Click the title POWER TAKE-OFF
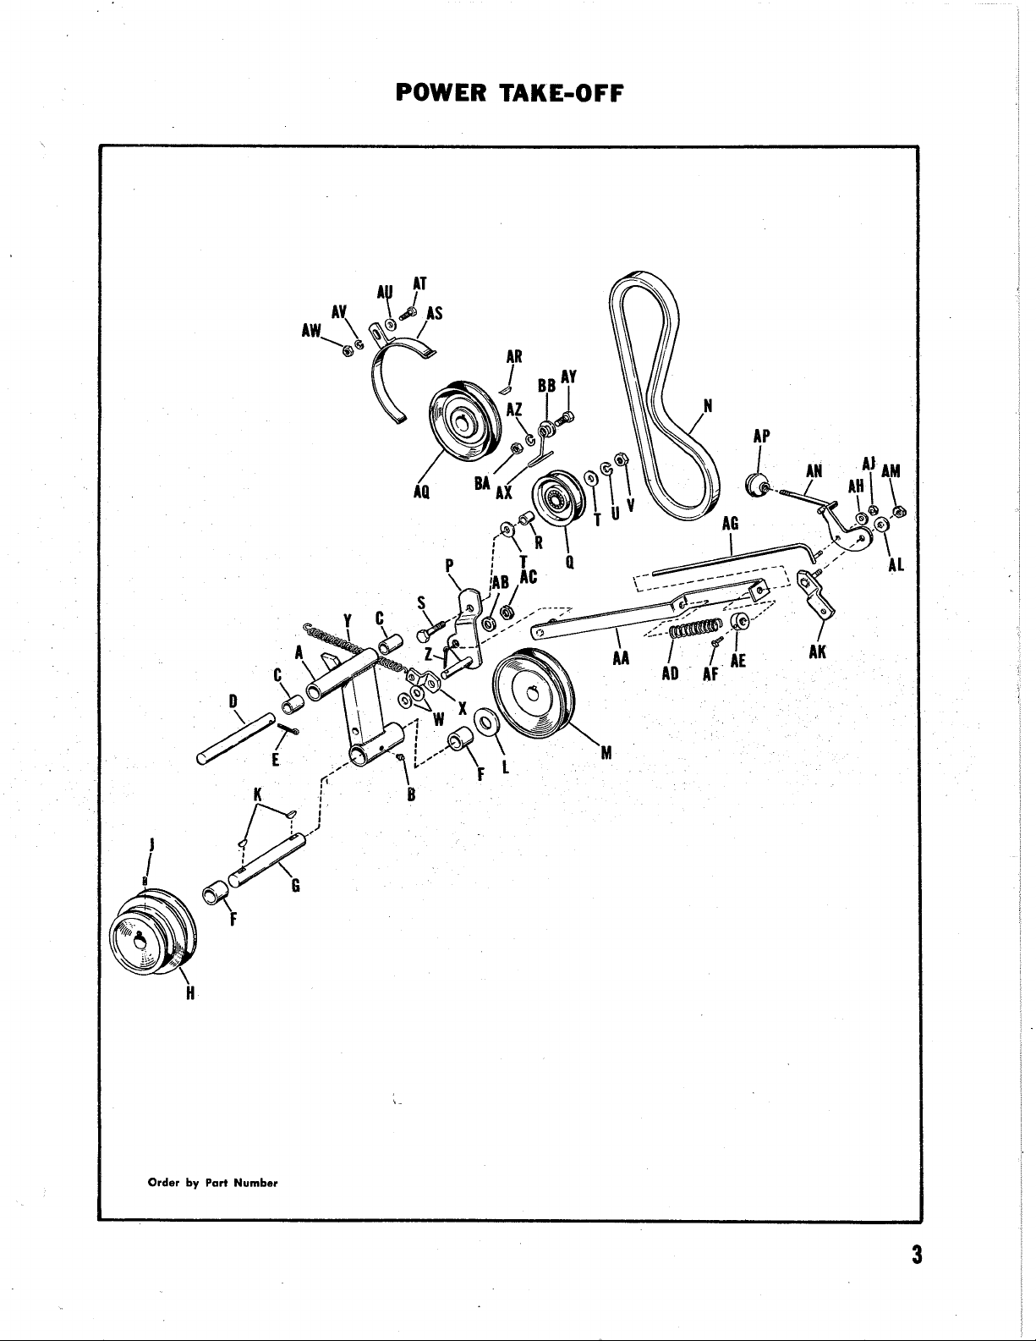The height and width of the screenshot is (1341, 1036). tap(508, 91)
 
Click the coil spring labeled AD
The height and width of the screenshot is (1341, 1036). tap(693, 629)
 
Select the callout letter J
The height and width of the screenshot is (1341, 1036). tap(151, 844)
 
